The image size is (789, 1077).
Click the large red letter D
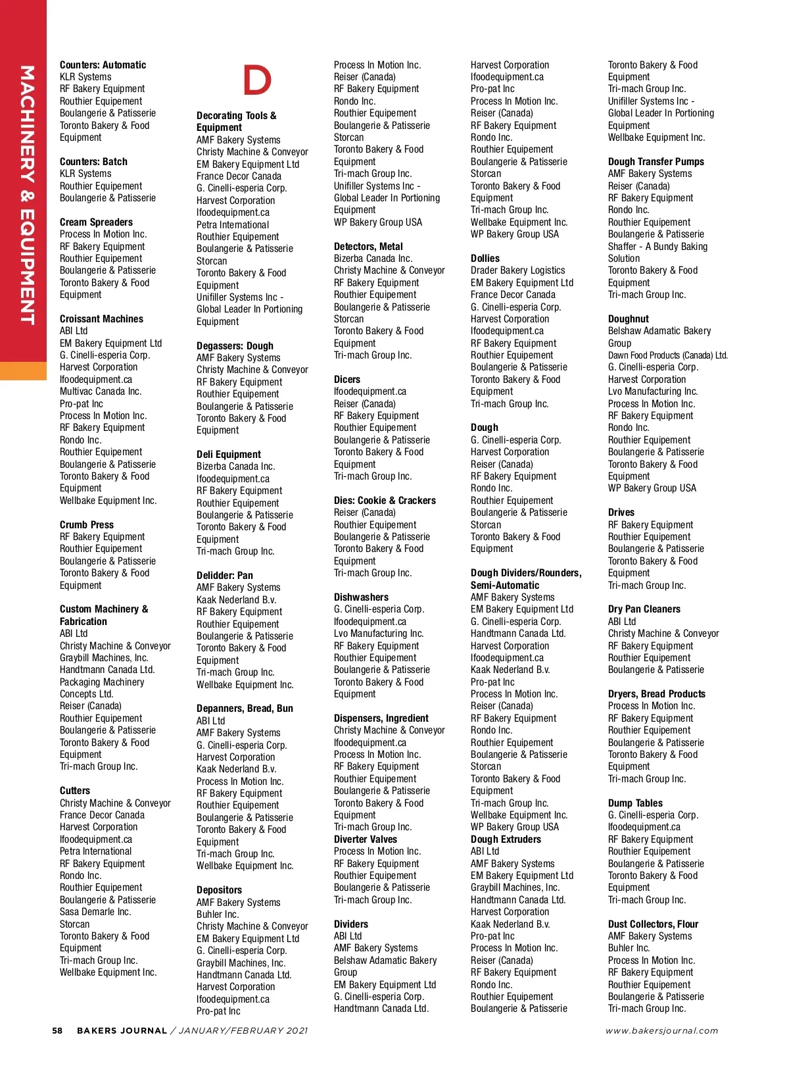[x=257, y=80]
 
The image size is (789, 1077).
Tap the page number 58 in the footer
[x=58, y=1031]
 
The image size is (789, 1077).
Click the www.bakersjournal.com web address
[x=661, y=1031]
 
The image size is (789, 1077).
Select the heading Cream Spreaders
[x=96, y=222]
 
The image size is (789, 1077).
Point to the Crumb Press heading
[x=87, y=525]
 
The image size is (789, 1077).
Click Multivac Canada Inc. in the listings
[x=101, y=391]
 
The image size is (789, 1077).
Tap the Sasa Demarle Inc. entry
[x=95, y=912]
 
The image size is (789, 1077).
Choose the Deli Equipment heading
[x=229, y=455]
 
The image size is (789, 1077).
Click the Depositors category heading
[x=219, y=890]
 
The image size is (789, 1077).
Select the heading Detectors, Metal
[x=368, y=247]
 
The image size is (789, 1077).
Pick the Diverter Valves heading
[x=366, y=839]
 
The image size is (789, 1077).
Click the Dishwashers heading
[x=361, y=597]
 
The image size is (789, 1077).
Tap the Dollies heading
[x=485, y=259]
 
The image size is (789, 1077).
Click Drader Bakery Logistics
[x=518, y=270]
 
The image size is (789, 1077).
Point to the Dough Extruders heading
[x=506, y=839]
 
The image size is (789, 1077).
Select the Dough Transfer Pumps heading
[x=656, y=162]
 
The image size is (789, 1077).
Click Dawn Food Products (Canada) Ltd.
[x=667, y=355]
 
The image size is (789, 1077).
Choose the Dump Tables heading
[x=635, y=803]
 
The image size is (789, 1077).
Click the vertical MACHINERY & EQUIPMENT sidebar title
[x=26, y=195]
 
